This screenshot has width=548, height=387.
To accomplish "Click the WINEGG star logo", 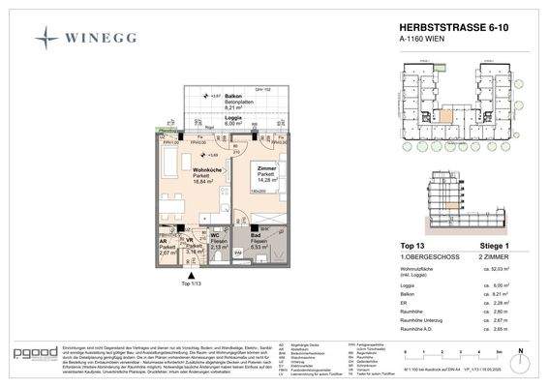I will coord(46,38).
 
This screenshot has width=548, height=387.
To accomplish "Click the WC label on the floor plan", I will coord(217,235).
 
